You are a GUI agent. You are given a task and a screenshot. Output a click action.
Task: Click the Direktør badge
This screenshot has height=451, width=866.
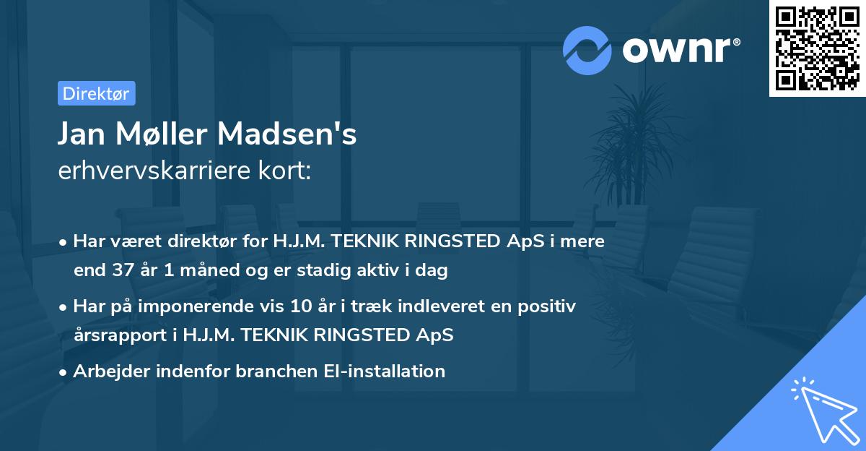96,93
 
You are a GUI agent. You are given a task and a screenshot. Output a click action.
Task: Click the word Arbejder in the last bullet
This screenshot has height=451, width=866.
105,371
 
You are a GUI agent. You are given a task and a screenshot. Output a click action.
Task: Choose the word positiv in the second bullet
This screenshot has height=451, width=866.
550,306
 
